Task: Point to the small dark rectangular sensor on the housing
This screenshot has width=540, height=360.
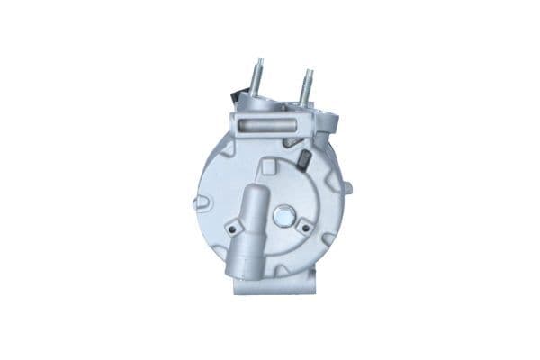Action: (303, 160)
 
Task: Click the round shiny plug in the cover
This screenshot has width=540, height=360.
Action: (284, 216)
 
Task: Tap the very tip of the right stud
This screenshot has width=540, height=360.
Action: (308, 70)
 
